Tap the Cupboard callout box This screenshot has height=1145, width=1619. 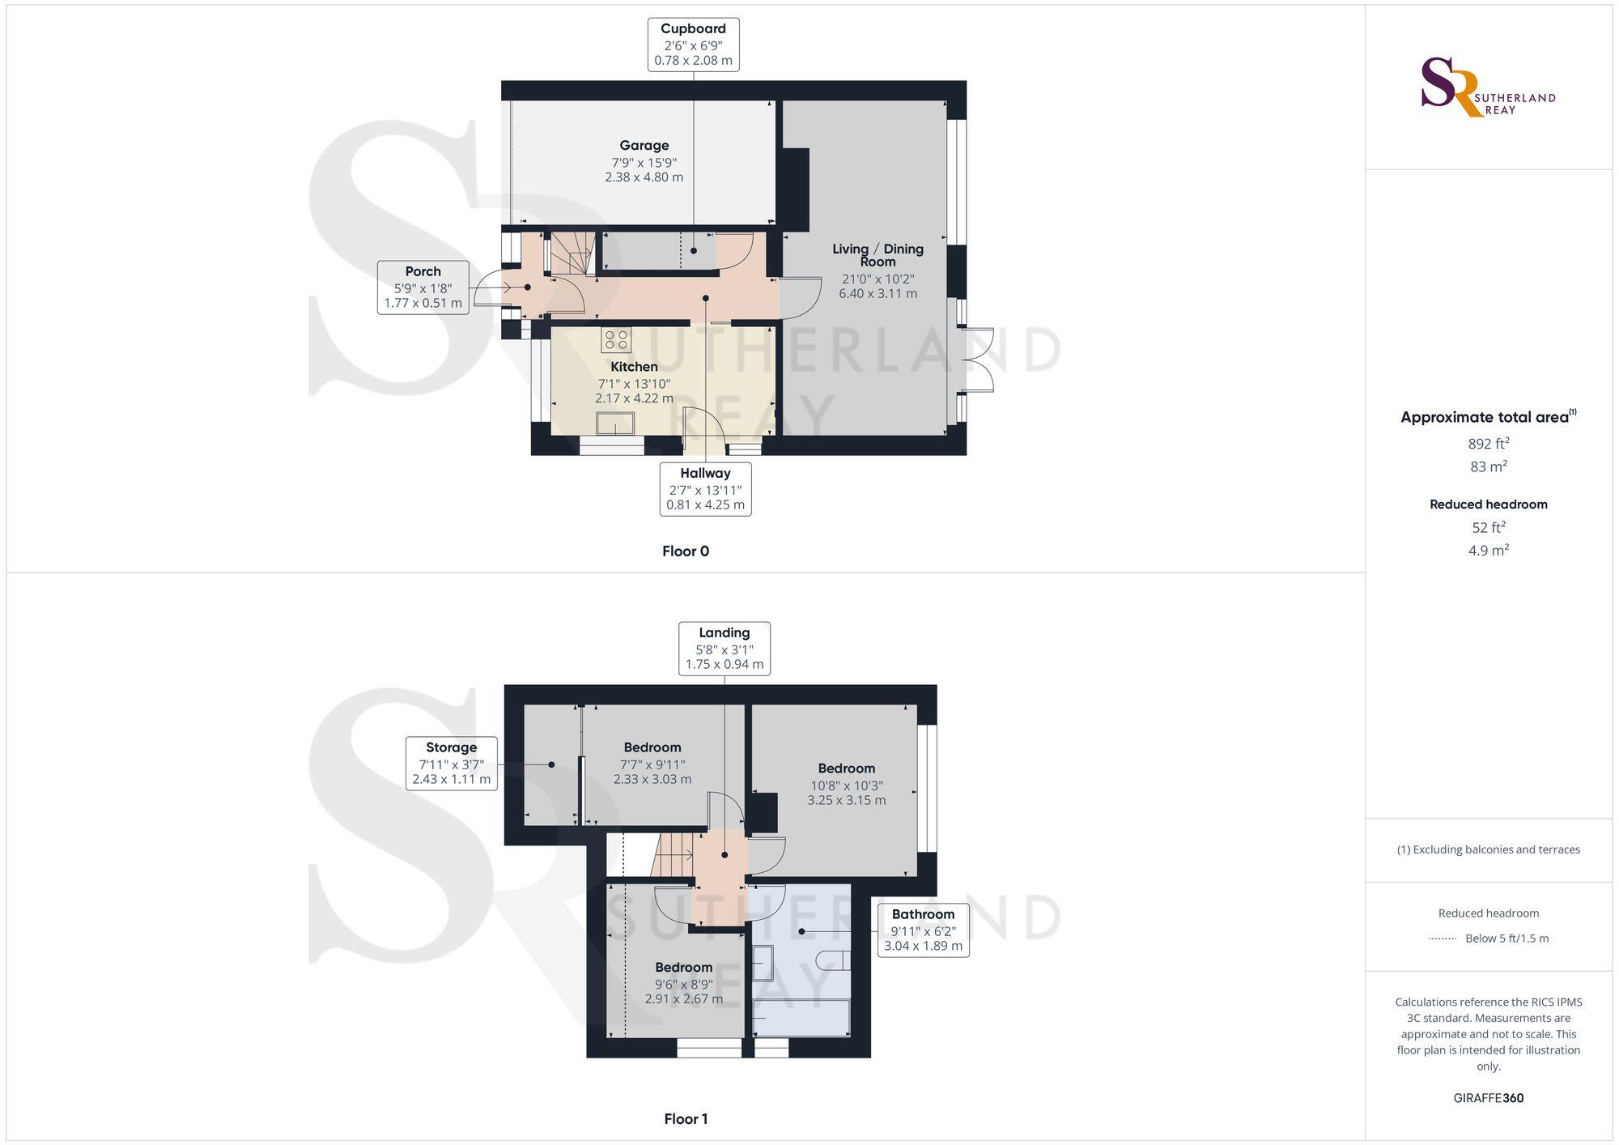[693, 45]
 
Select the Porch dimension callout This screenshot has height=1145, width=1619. [423, 287]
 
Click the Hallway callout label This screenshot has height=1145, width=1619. [705, 488]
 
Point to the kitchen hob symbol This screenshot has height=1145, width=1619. [616, 340]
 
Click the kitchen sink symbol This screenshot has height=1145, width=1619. [615, 424]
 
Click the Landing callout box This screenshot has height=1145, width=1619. [724, 648]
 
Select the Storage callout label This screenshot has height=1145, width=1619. [451, 763]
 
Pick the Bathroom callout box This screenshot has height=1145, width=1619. [923, 930]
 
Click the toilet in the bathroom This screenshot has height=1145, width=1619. [833, 960]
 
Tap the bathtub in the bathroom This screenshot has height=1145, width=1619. [801, 1018]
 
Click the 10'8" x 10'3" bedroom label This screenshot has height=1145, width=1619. [846, 784]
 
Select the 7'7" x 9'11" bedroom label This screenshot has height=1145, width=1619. [652, 763]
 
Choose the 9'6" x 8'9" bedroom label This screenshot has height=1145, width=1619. [683, 983]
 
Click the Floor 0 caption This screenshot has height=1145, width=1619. [685, 551]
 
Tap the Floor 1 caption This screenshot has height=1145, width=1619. [685, 1119]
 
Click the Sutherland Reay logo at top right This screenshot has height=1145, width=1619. [1487, 87]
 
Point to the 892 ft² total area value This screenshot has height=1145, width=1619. [1488, 444]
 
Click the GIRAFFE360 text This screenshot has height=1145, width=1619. [1488, 1098]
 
